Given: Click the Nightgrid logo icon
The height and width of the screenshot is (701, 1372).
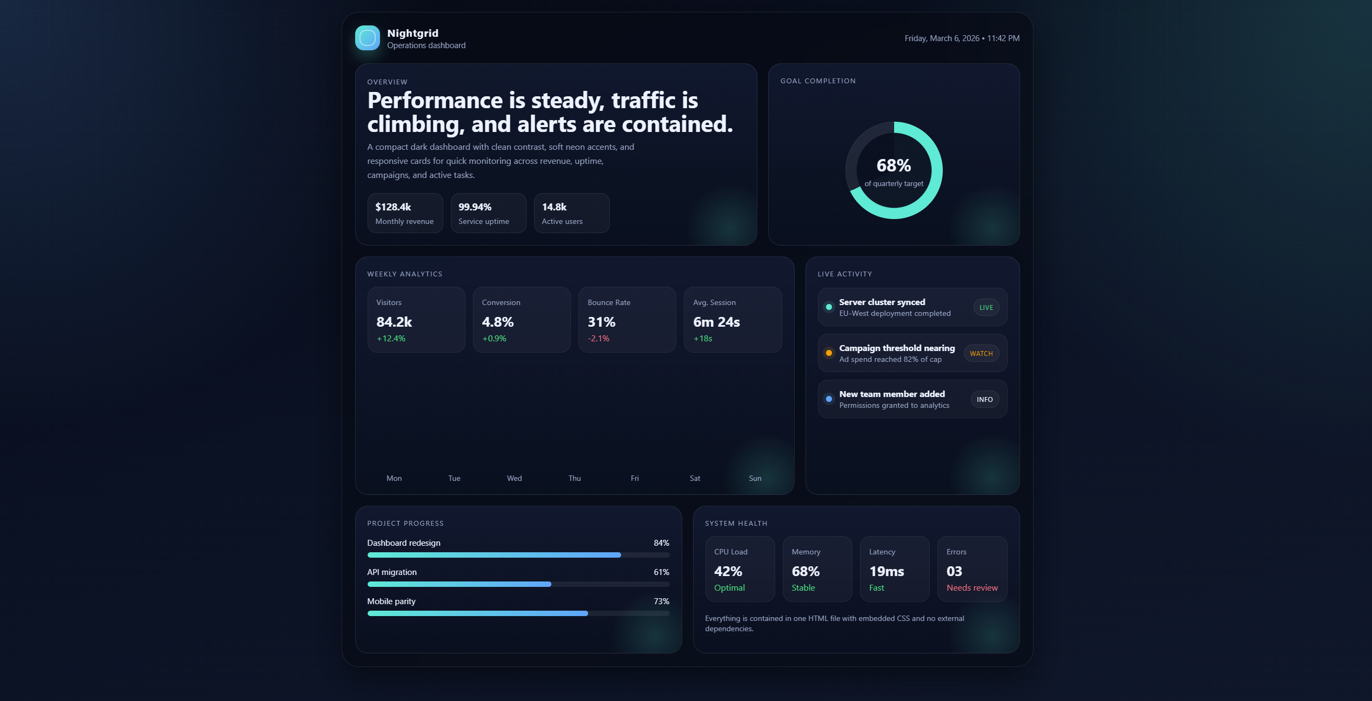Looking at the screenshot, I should (367, 38).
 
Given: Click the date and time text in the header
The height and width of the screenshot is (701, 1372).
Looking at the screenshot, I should (962, 38).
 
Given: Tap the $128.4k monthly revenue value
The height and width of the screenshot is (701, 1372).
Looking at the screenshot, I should (393, 207).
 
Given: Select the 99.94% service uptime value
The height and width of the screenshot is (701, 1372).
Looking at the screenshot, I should (475, 207).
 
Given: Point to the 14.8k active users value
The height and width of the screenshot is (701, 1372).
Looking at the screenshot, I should (554, 207).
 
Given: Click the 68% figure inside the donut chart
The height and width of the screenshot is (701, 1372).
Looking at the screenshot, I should (894, 166).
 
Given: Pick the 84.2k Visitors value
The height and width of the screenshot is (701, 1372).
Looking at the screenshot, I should (394, 322).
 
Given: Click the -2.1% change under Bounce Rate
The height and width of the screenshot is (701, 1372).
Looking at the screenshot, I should (598, 339).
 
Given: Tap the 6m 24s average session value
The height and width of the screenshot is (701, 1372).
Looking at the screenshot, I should (716, 322).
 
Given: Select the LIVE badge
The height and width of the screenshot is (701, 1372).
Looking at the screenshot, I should (986, 308).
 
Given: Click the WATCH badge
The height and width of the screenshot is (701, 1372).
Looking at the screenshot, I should (981, 354).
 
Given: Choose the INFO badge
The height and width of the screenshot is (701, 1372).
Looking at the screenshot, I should (984, 400).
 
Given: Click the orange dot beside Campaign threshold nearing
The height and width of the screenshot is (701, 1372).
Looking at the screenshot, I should (829, 353).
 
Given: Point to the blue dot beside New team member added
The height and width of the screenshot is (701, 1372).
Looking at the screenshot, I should (829, 399).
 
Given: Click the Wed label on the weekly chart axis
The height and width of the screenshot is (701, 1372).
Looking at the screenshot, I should (514, 479).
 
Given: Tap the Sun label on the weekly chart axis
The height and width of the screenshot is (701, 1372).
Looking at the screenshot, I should (755, 479).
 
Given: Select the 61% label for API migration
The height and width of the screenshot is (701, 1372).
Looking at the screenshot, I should (661, 572).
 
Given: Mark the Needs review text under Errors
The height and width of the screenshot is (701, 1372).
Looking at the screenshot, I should (972, 588).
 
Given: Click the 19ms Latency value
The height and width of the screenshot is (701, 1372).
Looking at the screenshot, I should (887, 572).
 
